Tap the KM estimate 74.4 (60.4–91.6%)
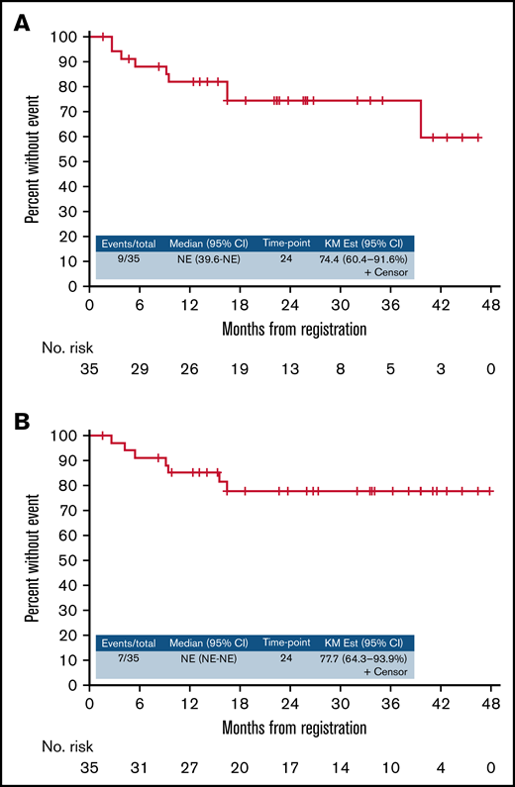click(364, 259)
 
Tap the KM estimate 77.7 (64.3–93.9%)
click(364, 657)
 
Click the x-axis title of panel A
click(289, 328)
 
